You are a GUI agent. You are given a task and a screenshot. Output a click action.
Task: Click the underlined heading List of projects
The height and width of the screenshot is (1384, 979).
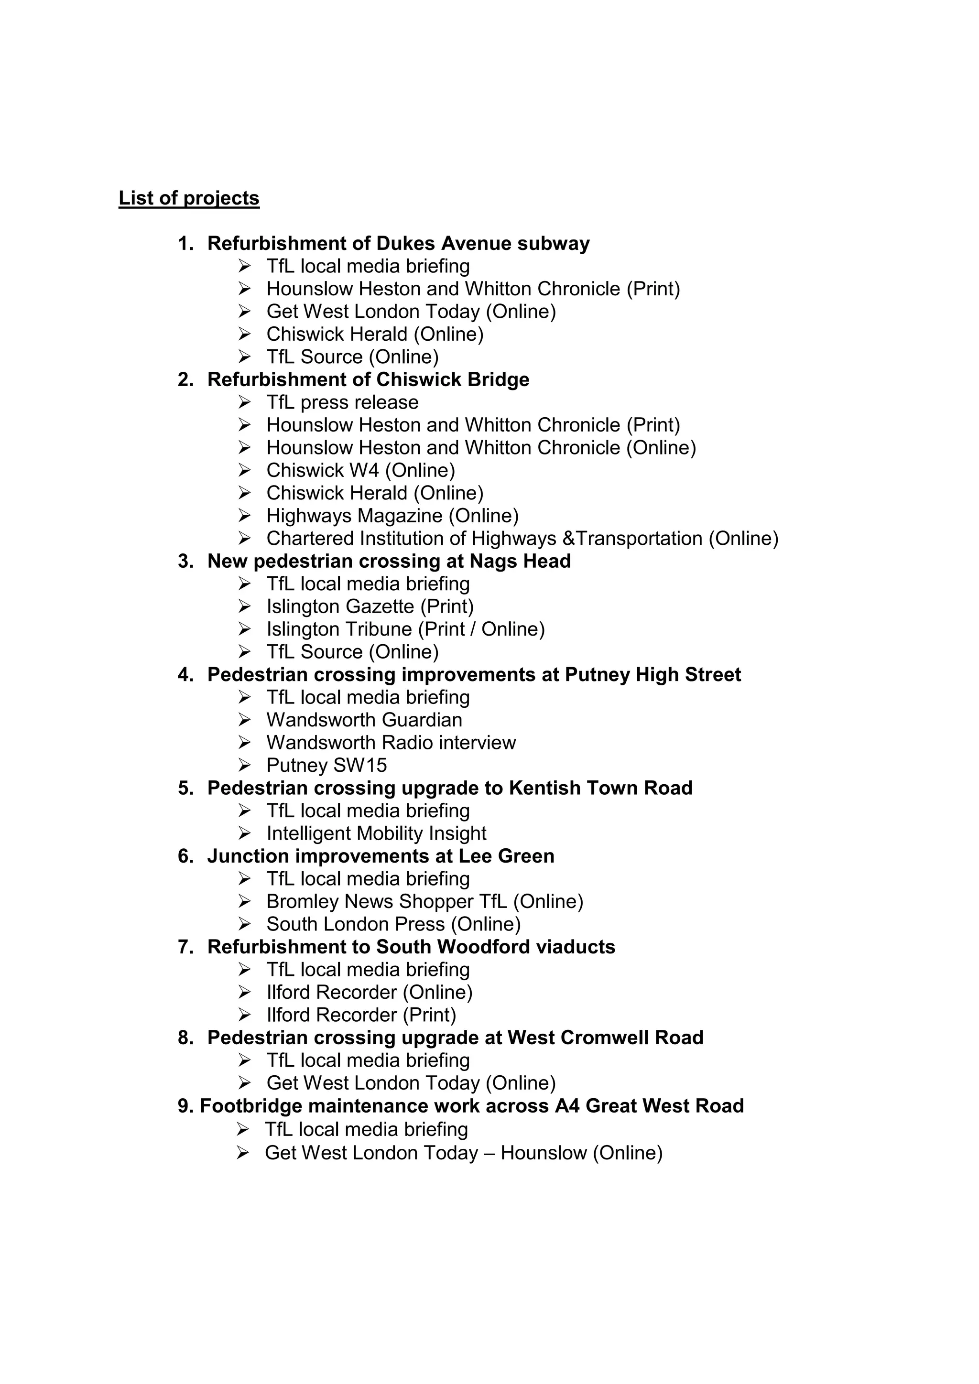pos(189,198)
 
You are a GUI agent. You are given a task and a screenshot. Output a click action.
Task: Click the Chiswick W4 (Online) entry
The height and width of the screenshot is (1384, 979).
pos(360,471)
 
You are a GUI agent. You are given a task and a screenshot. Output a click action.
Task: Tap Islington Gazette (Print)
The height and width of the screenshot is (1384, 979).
pos(370,606)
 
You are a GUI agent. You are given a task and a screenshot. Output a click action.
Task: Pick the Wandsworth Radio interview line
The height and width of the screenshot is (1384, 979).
pos(391,743)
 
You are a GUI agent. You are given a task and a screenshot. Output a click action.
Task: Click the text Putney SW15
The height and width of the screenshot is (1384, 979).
pos(327,766)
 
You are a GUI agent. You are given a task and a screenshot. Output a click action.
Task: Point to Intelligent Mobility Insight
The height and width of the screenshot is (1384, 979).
pos(376,833)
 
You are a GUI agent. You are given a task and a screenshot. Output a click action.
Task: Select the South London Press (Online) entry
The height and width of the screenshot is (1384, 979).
pos(393,925)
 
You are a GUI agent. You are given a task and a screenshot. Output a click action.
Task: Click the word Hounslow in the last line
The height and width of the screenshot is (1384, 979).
pos(543,1153)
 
